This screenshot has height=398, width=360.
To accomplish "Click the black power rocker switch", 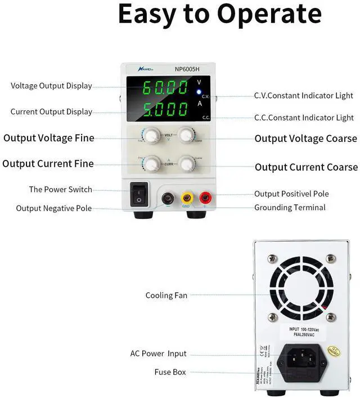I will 139,193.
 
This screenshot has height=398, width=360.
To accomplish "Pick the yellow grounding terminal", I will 186,198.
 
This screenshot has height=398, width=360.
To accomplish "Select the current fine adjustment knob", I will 150,163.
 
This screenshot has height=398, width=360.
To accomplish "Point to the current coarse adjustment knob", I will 185,163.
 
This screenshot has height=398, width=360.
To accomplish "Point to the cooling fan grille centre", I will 301,286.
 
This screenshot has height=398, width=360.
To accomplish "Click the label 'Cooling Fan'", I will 166,295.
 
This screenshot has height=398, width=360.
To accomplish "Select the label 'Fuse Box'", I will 170,372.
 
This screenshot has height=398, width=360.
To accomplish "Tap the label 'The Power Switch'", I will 61,189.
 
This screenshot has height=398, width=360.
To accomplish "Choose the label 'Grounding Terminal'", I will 290,208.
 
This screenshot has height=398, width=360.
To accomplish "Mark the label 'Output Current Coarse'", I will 306,167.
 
